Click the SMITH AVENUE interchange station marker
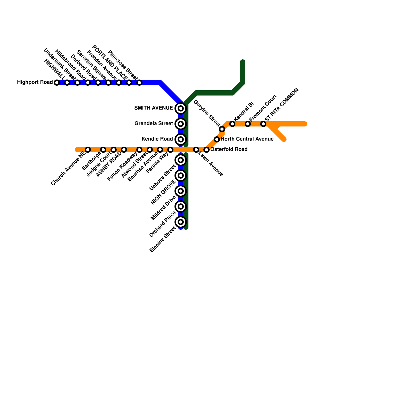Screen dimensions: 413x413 point(181,108)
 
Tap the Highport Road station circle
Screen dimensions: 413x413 point(57,83)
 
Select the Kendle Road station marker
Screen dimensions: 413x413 point(181,139)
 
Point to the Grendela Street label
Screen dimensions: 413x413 point(154,124)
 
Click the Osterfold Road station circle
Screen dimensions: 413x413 point(206,150)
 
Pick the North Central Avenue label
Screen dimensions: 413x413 point(247,139)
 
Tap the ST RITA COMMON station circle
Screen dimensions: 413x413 point(263,124)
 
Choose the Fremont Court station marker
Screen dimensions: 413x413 point(248,124)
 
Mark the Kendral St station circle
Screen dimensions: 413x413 point(232,124)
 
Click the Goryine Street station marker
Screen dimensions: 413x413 point(222,129)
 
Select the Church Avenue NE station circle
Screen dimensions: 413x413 point(88,150)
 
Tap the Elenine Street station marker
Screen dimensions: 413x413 point(181,222)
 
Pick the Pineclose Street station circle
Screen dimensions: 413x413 point(139,83)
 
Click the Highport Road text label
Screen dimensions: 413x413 point(35,82)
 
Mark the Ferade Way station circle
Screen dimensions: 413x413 point(170,150)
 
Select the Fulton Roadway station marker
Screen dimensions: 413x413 point(139,150)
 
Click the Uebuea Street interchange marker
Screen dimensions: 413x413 point(181,160)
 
